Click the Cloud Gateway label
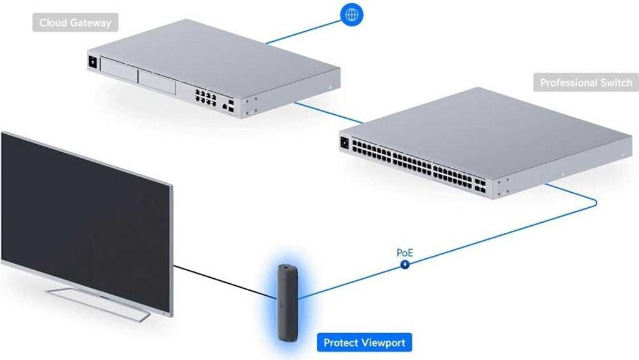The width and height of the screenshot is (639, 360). point(75,23)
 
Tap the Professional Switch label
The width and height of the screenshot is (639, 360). point(585,82)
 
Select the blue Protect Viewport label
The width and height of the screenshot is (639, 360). point(364,343)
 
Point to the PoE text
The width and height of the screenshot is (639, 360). point(405,253)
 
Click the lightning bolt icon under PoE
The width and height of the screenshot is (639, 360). point(406,265)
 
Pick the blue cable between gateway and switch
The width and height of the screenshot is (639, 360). point(331,114)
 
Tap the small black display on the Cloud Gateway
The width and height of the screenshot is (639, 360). point(93,62)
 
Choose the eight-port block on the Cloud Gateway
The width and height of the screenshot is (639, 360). point(205,97)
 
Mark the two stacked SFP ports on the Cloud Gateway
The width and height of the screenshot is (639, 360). point(232,105)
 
